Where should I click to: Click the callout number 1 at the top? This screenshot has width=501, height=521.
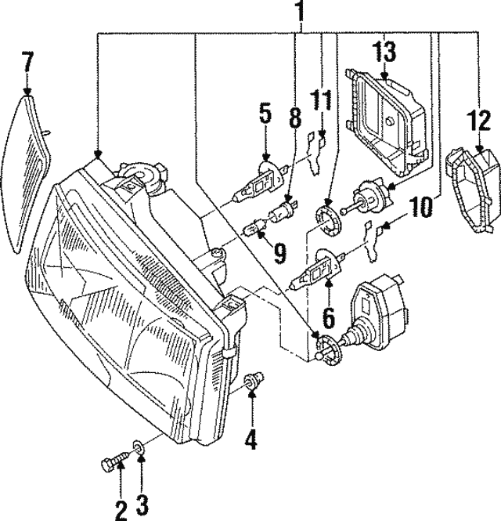coord(299,13)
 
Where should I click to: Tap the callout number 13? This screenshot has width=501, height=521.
coord(384,52)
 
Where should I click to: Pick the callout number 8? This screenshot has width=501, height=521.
coord(294,119)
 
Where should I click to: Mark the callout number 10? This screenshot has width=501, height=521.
coord(420,208)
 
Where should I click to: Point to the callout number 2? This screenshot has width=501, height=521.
coord(121,511)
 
